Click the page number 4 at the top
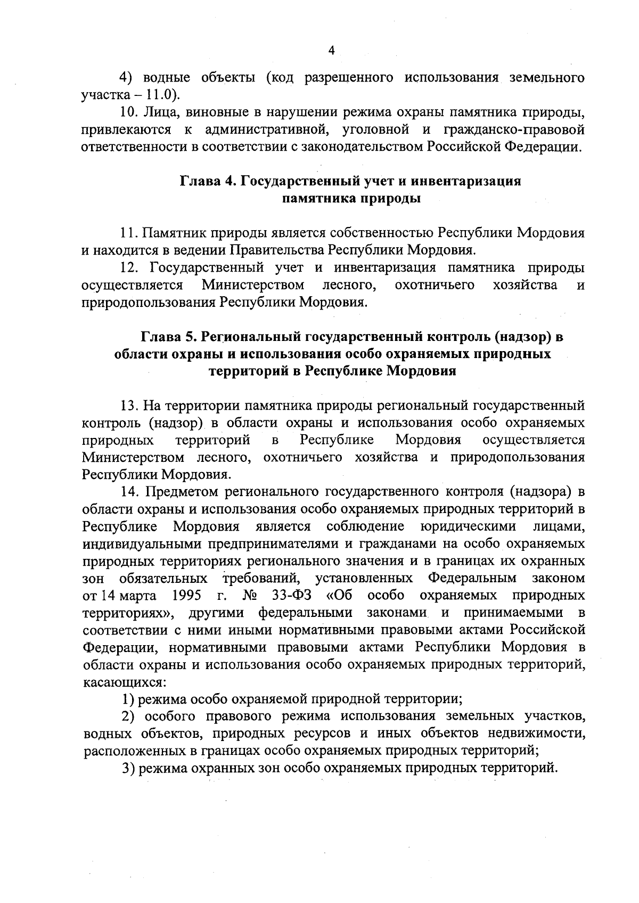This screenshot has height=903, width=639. [x=332, y=51]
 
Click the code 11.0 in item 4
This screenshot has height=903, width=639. [x=159, y=95]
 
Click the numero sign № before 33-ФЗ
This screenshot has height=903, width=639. [x=249, y=595]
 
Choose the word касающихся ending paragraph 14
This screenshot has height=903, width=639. [x=122, y=682]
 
